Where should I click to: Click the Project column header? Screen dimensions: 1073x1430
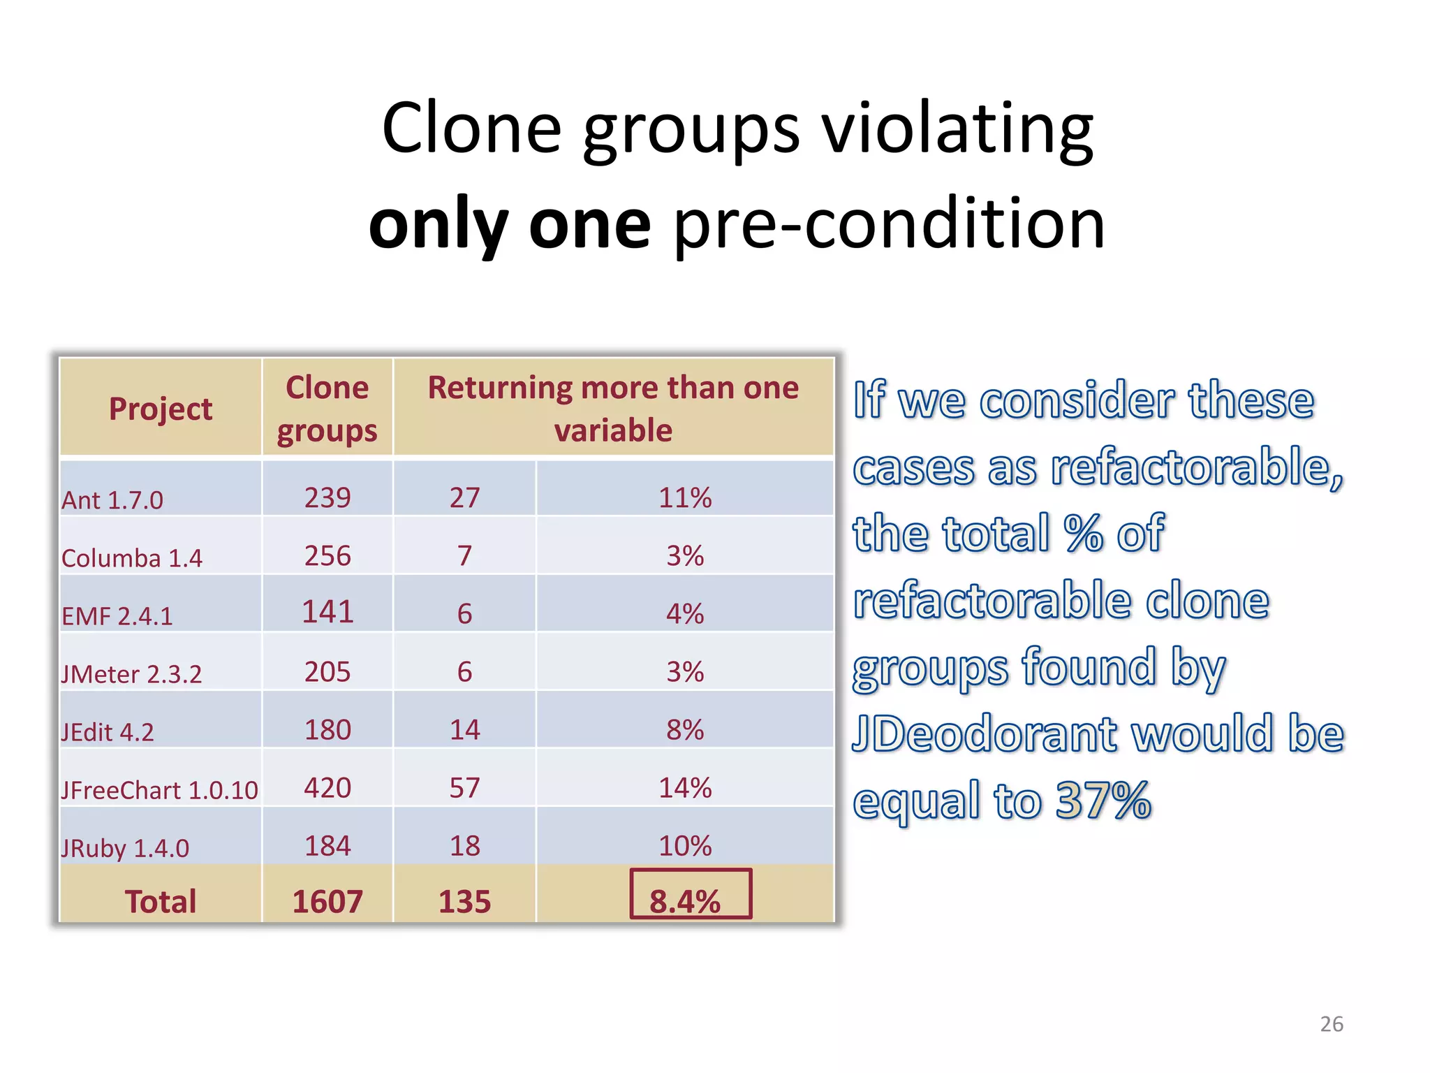(x=161, y=409)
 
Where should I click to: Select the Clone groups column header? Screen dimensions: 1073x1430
(x=327, y=409)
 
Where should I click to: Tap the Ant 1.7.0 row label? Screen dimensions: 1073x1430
(x=112, y=500)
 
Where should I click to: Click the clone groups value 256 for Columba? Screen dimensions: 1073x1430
(x=327, y=556)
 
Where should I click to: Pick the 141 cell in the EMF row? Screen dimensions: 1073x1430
(x=327, y=612)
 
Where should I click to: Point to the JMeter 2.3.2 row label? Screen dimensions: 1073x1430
(x=131, y=674)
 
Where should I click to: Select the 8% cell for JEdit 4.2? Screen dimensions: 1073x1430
(x=685, y=730)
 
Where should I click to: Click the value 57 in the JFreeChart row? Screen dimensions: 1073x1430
(x=464, y=788)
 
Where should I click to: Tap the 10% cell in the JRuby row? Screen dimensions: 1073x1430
(x=685, y=846)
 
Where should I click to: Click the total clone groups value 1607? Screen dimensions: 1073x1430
(x=327, y=902)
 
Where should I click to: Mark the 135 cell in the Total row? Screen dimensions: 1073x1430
(x=464, y=902)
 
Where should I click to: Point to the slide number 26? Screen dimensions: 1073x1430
(x=1332, y=1024)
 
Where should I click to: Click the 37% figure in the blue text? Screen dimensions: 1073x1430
(x=1103, y=801)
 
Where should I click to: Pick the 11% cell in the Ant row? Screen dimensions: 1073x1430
(x=685, y=498)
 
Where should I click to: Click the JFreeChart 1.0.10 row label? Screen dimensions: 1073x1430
(x=159, y=790)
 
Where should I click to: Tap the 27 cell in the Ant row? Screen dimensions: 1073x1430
(x=464, y=498)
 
